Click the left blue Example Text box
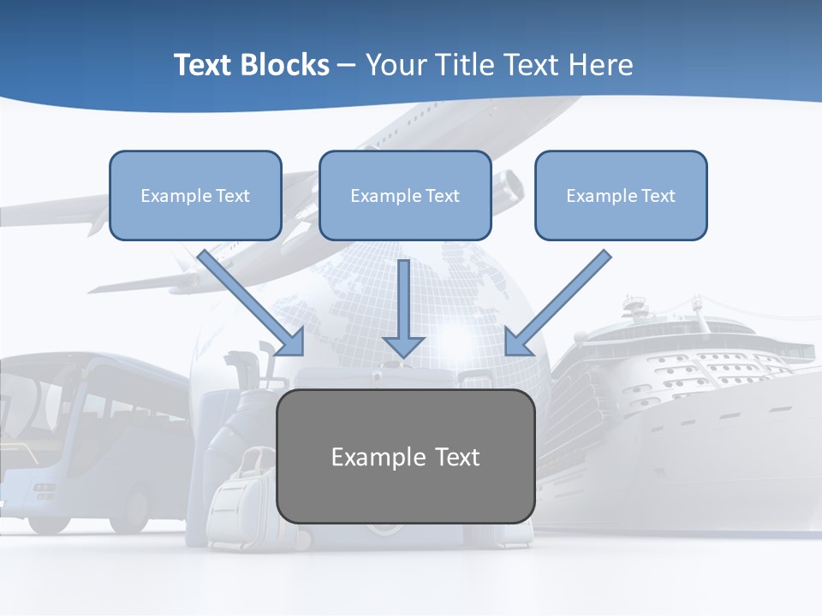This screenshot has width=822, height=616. (195, 196)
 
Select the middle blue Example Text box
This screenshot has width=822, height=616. (405, 196)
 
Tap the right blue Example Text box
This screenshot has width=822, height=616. (621, 196)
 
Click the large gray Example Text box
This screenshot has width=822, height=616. (406, 457)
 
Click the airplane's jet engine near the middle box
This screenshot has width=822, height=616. (509, 187)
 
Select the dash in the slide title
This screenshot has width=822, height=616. (347, 65)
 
